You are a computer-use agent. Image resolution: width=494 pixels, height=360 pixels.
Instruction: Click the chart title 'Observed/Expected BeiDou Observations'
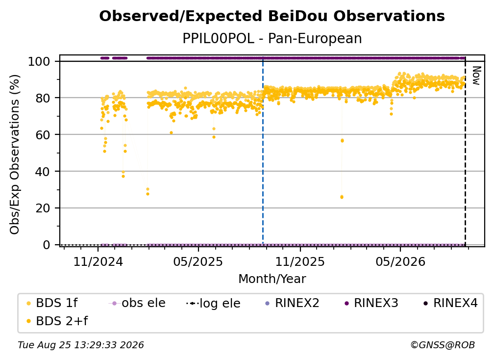(x=272, y=16)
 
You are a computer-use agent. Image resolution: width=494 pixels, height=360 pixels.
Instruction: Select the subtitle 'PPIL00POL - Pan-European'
(x=272, y=39)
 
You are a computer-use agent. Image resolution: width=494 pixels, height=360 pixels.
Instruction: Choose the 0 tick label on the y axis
(x=47, y=245)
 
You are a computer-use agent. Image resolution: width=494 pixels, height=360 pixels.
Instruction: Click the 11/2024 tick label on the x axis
(x=98, y=261)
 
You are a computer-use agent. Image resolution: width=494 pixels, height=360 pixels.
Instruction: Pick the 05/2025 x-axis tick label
(x=198, y=261)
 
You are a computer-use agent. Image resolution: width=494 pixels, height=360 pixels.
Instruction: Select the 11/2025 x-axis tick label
(x=300, y=261)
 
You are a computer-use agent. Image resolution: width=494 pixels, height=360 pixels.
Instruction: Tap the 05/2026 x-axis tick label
(x=400, y=261)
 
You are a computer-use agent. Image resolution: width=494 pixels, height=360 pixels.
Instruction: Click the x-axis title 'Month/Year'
(x=272, y=279)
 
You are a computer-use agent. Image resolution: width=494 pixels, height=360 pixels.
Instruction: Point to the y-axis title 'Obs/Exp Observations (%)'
(x=15, y=154)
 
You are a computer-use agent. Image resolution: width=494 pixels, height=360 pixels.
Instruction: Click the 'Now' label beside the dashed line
(x=476, y=76)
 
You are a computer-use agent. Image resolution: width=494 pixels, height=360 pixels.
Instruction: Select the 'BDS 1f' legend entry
(x=52, y=303)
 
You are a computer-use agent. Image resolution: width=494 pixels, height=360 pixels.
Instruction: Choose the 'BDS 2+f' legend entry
(x=57, y=321)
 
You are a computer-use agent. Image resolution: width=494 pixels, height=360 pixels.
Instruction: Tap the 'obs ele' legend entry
(x=137, y=303)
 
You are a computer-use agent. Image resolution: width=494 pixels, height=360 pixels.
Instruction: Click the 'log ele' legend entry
(x=213, y=303)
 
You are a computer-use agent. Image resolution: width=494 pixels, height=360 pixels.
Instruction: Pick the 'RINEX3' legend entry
(x=371, y=303)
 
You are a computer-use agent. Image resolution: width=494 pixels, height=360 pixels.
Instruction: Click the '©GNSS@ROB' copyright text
(x=443, y=345)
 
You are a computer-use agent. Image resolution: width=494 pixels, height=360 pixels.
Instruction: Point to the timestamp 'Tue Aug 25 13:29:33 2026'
(x=81, y=345)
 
